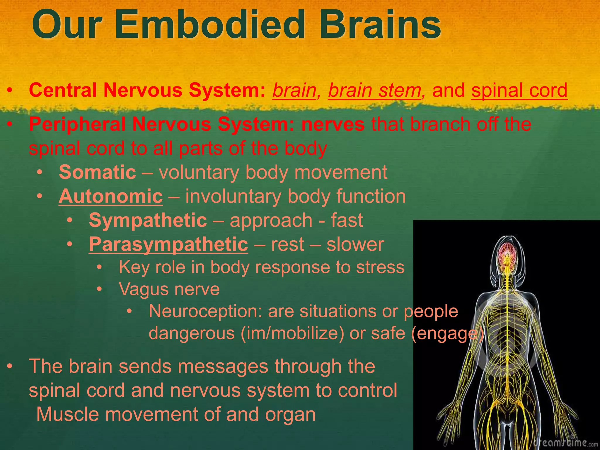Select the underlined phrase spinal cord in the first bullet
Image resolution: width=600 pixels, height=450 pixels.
point(519,90)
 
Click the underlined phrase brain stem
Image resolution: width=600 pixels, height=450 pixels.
point(374,90)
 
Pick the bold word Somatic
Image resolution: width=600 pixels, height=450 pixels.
point(97,172)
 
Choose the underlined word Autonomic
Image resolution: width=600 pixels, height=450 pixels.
point(110,196)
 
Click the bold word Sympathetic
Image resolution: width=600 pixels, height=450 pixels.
point(148,220)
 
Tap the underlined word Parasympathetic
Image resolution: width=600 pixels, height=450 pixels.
point(168,244)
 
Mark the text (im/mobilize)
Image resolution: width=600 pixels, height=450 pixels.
point(292,333)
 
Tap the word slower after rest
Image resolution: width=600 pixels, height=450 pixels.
point(355,244)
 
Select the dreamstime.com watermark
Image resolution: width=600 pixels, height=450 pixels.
point(565,442)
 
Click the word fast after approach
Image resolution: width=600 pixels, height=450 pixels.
point(347,220)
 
